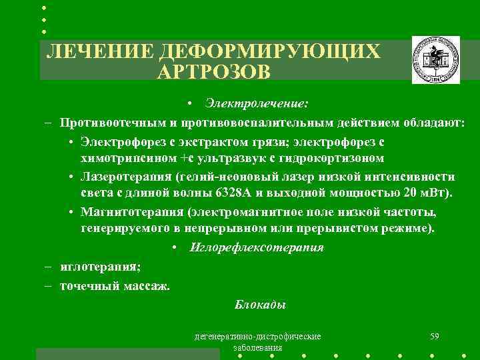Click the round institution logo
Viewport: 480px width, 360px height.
click(435, 59)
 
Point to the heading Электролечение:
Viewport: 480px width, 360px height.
click(257, 105)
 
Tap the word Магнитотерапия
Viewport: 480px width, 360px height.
click(131, 213)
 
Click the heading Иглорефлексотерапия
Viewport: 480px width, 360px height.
click(257, 247)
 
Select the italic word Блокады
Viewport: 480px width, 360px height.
click(260, 305)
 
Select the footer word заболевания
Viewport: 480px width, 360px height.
click(257, 348)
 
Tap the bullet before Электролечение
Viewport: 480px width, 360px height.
click(191, 105)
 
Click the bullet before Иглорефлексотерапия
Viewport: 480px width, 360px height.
click(175, 248)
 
